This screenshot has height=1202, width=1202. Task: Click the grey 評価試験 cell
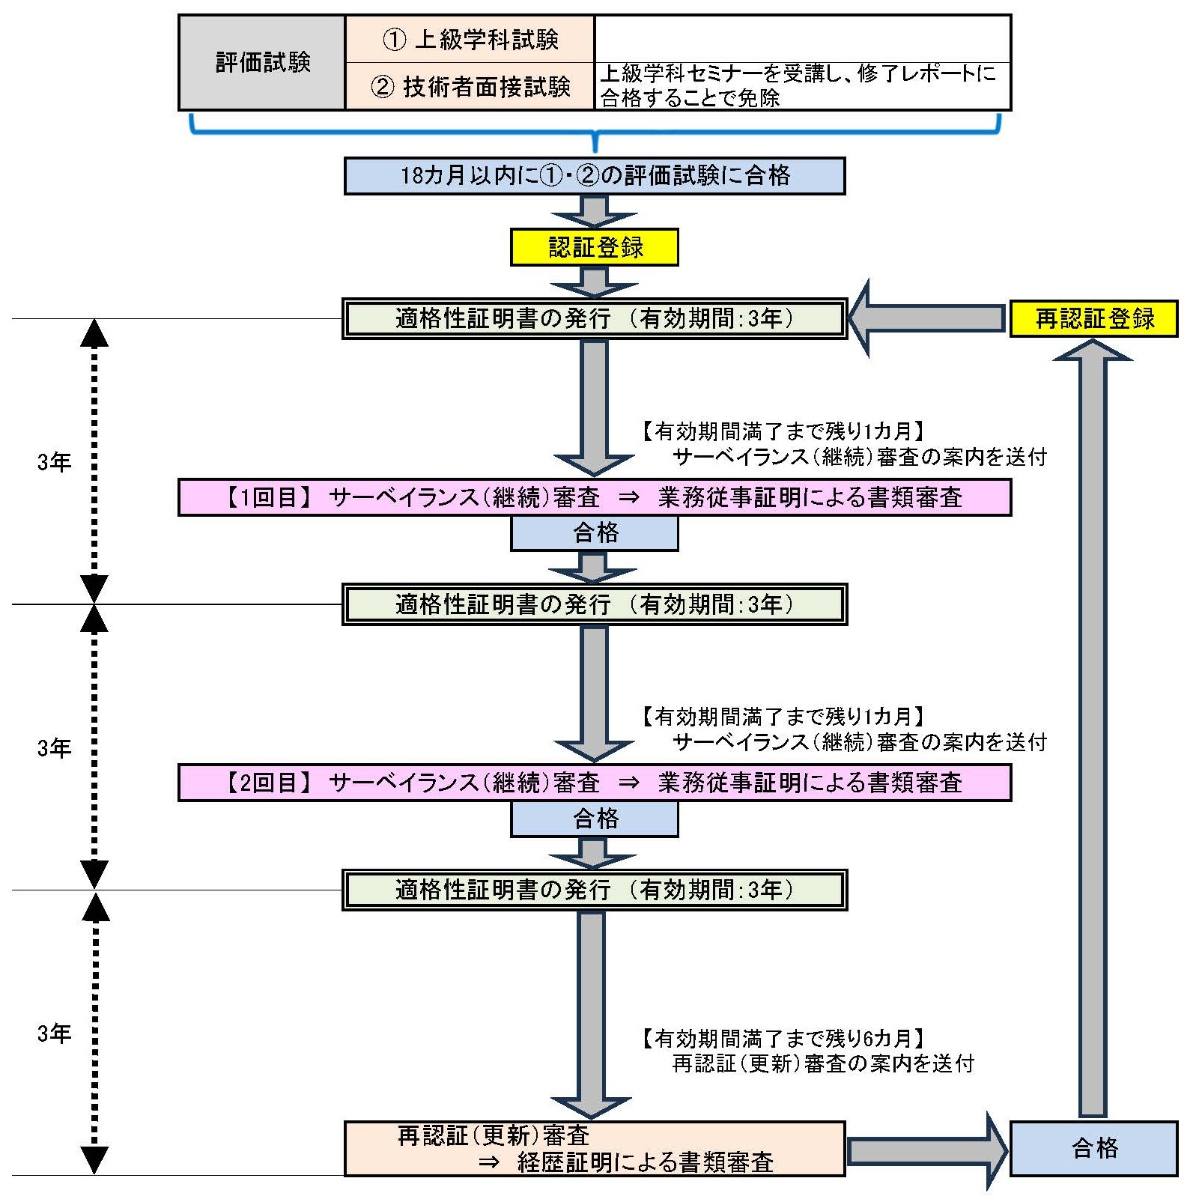[x=262, y=63]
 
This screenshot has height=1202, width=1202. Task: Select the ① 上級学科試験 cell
[x=470, y=40]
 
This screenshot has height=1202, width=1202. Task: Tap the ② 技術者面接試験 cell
[x=470, y=87]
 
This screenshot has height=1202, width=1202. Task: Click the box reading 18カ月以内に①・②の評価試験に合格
[x=595, y=176]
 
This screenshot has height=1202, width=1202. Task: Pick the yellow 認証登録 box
[x=595, y=247]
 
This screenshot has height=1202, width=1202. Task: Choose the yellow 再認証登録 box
[x=1094, y=319]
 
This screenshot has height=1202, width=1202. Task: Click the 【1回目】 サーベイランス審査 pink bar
[x=595, y=497]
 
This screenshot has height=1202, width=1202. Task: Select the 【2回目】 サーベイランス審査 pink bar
[x=595, y=783]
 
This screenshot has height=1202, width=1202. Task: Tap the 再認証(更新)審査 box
[x=595, y=1148]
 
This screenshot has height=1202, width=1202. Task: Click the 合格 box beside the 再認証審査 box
[x=1094, y=1148]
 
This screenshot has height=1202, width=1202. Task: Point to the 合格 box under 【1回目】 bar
[x=595, y=533]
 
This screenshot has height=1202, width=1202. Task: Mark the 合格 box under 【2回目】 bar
[x=595, y=819]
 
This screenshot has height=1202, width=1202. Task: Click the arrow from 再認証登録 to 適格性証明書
[x=925, y=318]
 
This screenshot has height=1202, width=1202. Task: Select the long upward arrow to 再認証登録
[x=1093, y=734]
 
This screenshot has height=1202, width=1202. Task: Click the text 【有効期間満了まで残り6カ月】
[x=783, y=1039]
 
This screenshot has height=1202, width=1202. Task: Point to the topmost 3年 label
[x=54, y=462]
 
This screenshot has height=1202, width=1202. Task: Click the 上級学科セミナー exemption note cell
[x=802, y=86]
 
